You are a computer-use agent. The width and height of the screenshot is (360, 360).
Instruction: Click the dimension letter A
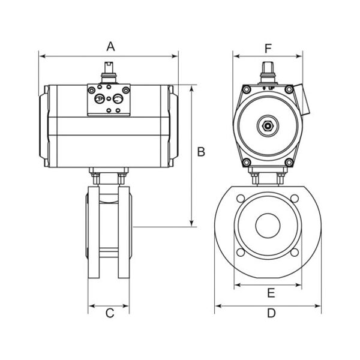click(x=110, y=46)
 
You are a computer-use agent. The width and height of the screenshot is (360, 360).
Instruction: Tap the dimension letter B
click(x=201, y=152)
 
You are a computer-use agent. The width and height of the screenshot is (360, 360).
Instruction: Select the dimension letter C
click(x=110, y=313)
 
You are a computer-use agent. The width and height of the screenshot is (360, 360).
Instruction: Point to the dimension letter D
click(x=271, y=313)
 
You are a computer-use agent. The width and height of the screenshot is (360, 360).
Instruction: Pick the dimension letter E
click(x=271, y=293)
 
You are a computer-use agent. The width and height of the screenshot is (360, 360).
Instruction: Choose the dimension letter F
click(x=268, y=49)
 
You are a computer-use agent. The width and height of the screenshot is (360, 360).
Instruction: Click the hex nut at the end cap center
click(x=268, y=125)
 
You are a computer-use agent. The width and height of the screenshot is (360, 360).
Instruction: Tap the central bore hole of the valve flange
click(x=268, y=226)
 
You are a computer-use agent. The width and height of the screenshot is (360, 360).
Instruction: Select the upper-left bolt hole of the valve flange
click(x=241, y=199)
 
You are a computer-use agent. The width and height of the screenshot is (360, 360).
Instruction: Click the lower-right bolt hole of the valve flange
click(x=295, y=253)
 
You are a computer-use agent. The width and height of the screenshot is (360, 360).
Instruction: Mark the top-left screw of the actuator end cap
click(x=247, y=89)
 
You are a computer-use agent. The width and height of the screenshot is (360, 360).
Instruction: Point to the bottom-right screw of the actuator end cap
click(x=289, y=163)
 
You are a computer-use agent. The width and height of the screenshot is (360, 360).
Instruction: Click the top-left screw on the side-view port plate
click(x=92, y=90)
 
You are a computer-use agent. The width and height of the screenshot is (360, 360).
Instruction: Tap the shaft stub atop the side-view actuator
click(x=109, y=72)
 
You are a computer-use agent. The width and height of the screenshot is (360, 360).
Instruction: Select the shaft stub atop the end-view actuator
click(x=268, y=73)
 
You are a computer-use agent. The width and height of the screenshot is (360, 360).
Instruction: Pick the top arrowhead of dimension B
click(x=192, y=88)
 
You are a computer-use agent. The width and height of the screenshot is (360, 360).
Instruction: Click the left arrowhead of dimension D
click(x=218, y=306)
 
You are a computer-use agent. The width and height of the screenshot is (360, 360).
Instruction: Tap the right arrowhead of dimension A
click(x=175, y=56)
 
